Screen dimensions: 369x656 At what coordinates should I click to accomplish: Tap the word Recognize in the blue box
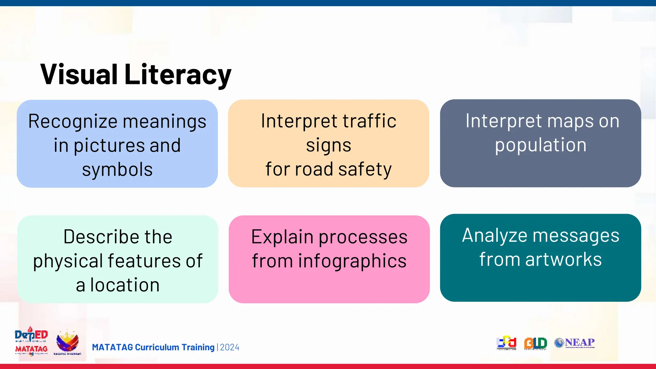click(x=73, y=121)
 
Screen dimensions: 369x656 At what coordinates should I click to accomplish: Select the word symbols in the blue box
click(x=117, y=169)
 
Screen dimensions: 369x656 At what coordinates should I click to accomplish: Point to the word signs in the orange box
click(x=329, y=145)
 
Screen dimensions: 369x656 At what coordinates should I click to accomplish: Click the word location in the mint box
click(x=125, y=285)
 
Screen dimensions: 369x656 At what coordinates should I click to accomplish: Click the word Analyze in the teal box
click(x=495, y=235)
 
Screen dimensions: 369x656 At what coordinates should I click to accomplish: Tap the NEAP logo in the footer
click(x=575, y=343)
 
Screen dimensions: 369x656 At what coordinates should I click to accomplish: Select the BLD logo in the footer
click(x=535, y=343)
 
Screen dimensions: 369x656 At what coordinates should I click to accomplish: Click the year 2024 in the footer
click(x=230, y=348)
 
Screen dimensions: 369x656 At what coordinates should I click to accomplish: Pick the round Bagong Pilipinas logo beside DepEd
click(x=67, y=342)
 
